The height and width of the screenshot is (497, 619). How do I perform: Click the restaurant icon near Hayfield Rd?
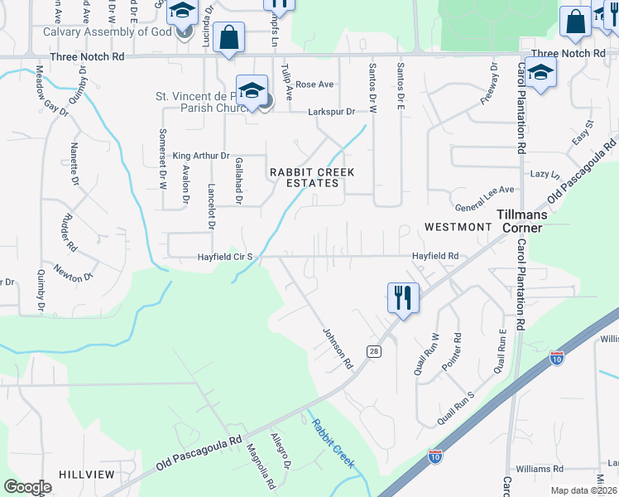(403, 297)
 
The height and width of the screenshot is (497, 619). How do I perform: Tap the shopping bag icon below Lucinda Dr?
(228, 37)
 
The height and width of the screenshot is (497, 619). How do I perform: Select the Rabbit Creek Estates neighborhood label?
(312, 177)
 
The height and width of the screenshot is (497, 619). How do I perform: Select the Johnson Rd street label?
(338, 348)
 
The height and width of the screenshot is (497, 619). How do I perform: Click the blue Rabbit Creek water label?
(333, 442)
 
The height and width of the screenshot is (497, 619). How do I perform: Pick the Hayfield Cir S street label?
(224, 257)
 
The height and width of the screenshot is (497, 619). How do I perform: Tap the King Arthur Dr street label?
(199, 155)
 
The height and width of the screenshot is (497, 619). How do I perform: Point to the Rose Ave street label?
(314, 84)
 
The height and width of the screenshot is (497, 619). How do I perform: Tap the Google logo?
(28, 487)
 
